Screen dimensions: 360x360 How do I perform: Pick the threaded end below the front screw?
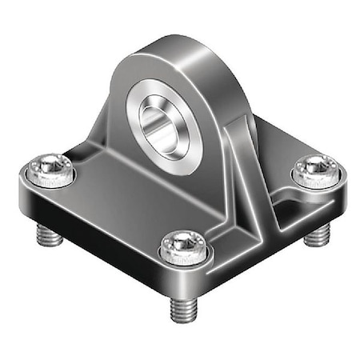pos(182,308)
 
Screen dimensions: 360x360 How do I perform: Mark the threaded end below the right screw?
pos(319,232)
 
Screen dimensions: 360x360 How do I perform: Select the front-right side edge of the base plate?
pos(272,240)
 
